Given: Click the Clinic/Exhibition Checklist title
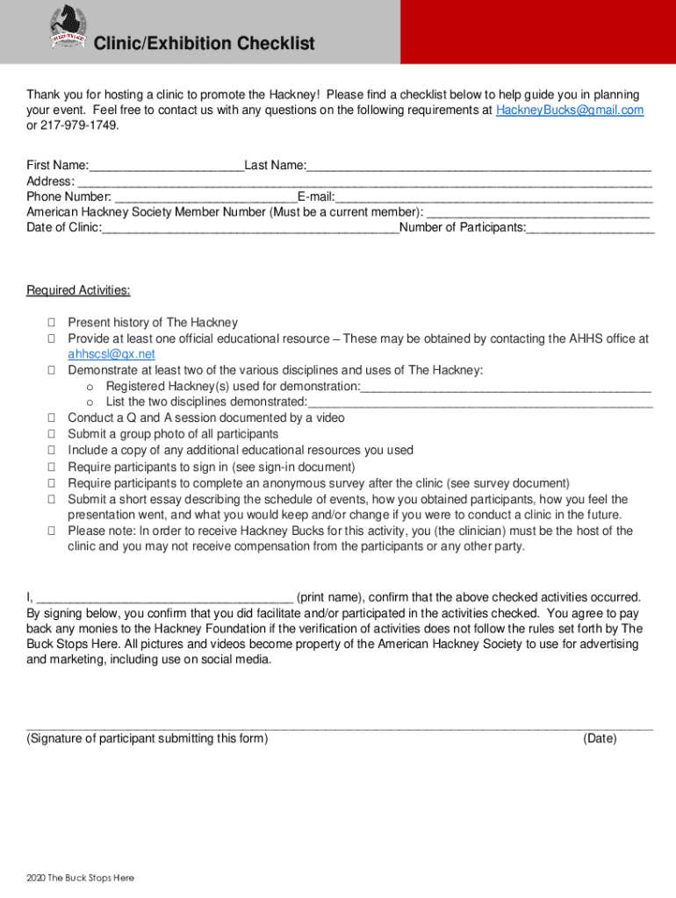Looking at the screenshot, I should [204, 44].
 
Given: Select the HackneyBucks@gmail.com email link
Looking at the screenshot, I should [570, 110].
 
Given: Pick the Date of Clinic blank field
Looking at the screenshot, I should [250, 229].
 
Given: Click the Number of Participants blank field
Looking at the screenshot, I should [590, 229].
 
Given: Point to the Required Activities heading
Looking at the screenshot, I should [78, 291].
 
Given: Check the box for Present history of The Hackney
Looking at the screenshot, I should [52, 323].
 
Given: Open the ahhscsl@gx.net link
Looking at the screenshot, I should [111, 354].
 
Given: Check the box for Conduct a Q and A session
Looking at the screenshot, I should [52, 418].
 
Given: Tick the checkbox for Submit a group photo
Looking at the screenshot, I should [52, 434].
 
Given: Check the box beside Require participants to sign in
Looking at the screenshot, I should [52, 467].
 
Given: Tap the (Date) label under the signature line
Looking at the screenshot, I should [600, 739].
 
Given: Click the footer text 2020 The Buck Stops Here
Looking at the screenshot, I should [80, 878].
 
